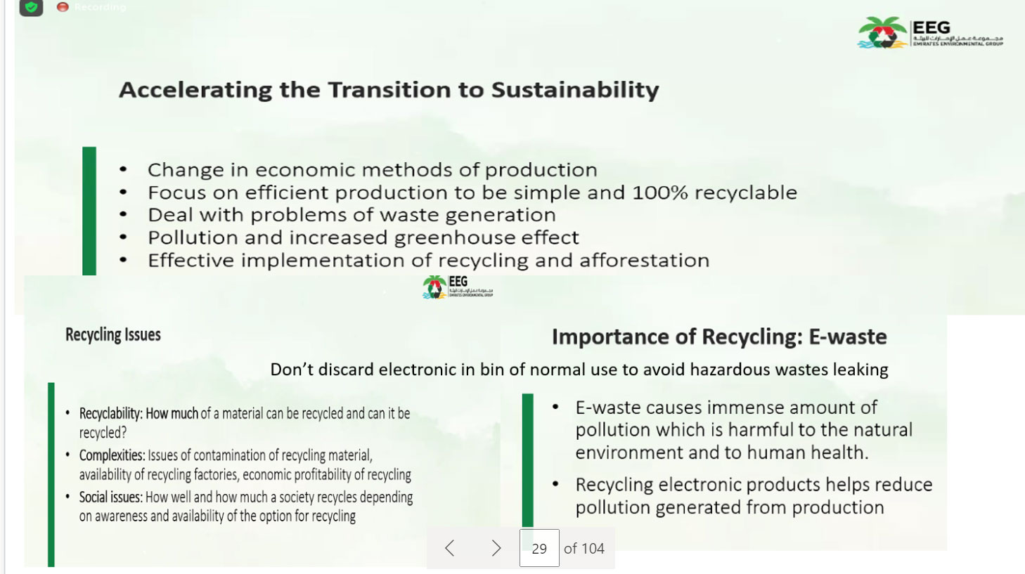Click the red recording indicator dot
[x=63, y=7]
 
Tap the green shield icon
[x=31, y=7]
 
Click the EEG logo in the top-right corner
[x=930, y=32]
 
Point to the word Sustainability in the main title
[x=575, y=90]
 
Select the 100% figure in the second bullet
[x=660, y=193]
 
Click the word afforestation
[x=644, y=260]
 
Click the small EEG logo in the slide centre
[x=457, y=287]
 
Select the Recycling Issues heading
[x=113, y=335]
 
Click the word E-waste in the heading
[x=848, y=337]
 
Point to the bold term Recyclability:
[x=111, y=414]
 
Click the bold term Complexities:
[x=112, y=455]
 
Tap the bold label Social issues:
[x=111, y=497]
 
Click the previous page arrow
[x=450, y=548]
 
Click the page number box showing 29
[x=539, y=548]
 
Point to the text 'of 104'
[x=584, y=549]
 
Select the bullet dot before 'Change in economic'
[x=123, y=170]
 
